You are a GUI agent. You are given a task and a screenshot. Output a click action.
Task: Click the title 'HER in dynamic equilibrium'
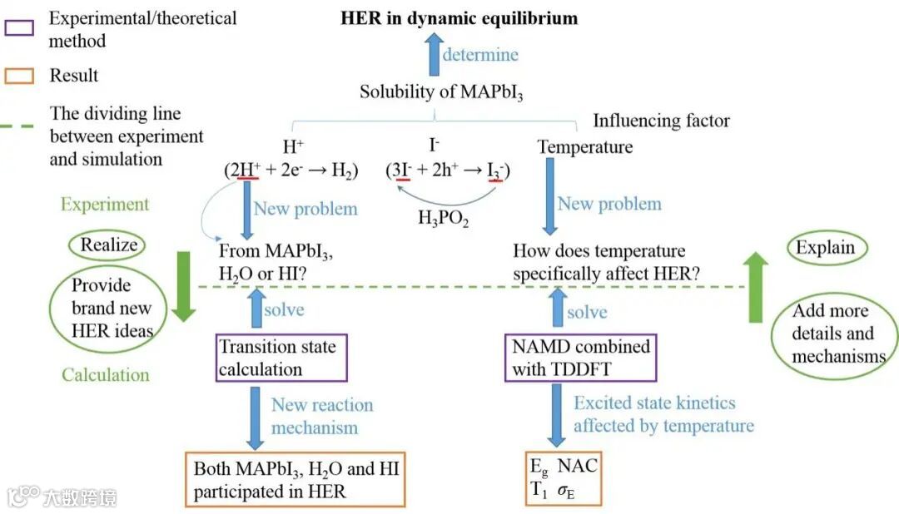459,18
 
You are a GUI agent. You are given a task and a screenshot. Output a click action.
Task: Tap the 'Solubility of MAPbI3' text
441,91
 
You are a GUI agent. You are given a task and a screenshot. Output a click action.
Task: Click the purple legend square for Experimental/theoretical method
19,27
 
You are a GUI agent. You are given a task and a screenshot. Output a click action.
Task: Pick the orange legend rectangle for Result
19,76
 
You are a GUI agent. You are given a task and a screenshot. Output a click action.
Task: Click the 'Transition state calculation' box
280,358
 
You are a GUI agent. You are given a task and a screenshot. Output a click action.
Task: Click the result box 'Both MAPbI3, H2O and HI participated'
296,480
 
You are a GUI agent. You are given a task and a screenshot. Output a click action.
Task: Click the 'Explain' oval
825,248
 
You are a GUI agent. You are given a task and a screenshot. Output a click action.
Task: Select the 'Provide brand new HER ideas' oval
102,309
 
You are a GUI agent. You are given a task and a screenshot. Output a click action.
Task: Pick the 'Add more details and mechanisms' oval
834,334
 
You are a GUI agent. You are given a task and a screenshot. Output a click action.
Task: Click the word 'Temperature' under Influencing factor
584,147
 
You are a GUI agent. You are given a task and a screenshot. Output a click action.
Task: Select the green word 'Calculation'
105,375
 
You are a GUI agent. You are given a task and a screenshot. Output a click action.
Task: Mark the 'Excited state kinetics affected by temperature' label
663,414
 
